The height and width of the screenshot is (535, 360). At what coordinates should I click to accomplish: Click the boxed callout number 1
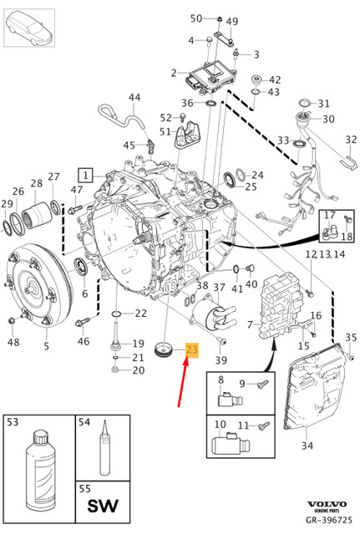(84, 175)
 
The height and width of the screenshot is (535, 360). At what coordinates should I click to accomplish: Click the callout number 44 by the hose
(134, 99)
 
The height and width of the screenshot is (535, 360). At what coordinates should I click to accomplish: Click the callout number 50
(195, 18)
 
